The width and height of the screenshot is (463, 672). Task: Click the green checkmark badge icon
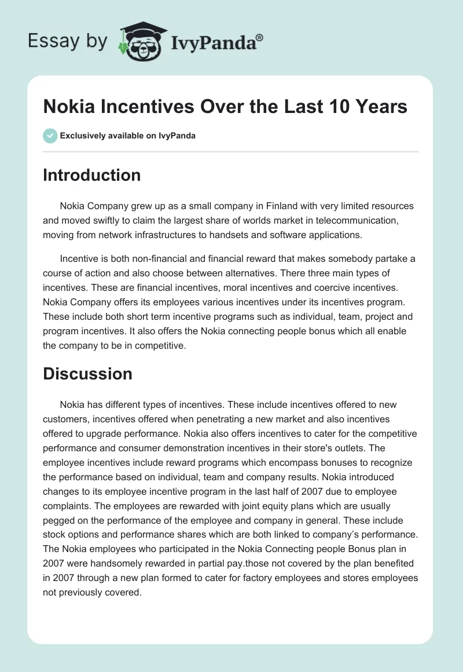coord(50,136)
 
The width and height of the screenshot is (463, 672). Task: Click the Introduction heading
coord(91,175)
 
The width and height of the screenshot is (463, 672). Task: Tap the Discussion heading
coord(87,374)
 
